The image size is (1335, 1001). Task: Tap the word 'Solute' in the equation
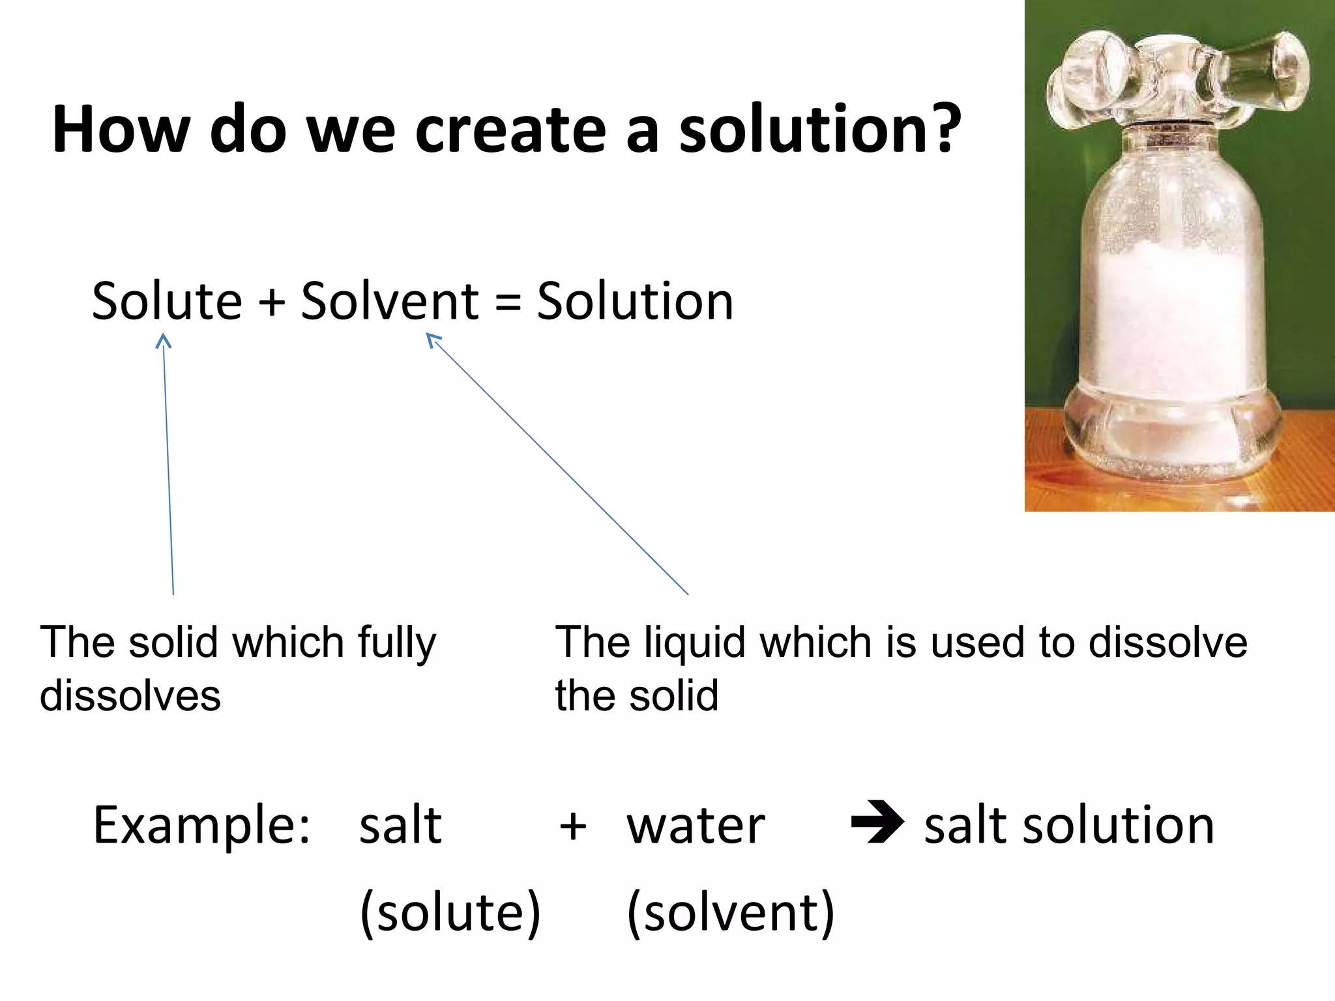[167, 301]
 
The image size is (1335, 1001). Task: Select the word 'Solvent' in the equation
[390, 301]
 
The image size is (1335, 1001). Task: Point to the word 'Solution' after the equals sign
[635, 301]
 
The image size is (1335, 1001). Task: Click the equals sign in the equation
[508, 304]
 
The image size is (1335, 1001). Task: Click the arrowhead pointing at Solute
[163, 341]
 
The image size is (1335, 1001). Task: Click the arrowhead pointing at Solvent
[433, 340]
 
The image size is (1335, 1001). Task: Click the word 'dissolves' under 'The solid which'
[130, 696]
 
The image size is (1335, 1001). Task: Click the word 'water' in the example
[696, 826]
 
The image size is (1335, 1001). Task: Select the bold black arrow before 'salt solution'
[877, 822]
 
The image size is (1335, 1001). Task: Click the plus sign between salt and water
[573, 828]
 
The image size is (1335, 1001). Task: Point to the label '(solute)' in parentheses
[450, 912]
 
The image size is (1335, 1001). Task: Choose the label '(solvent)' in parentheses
[731, 912]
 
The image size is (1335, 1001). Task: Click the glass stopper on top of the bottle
[1177, 78]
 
